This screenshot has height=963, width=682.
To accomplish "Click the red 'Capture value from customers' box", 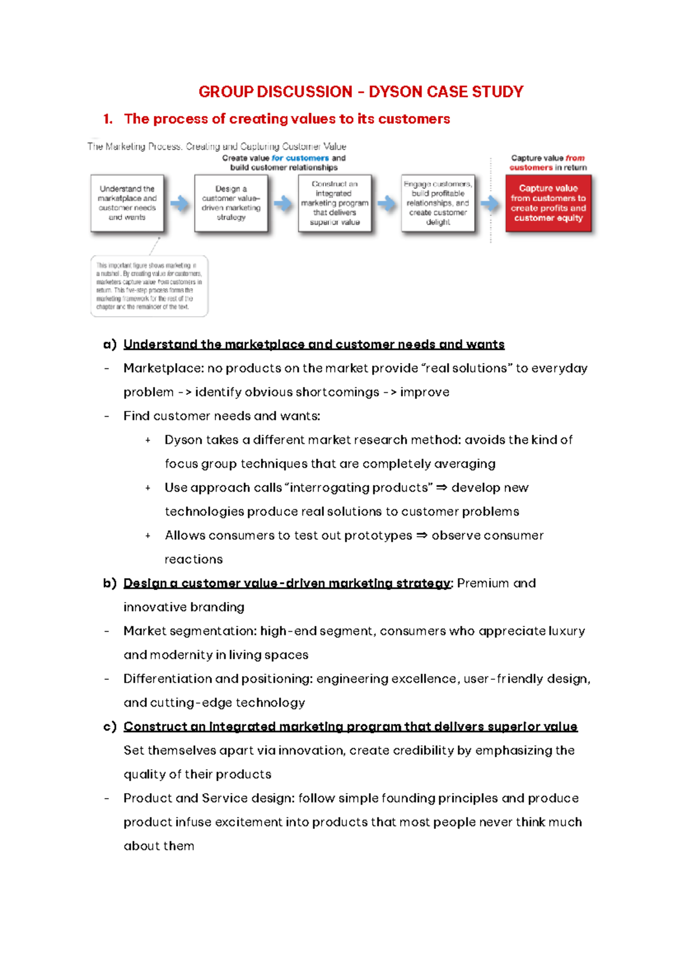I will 548,203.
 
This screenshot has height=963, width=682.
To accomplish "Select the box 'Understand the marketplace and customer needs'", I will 127,203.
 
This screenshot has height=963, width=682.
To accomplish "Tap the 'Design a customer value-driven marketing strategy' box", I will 231,203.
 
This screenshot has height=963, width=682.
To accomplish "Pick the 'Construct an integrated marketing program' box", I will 334,203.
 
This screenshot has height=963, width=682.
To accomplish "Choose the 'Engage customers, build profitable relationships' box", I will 438,203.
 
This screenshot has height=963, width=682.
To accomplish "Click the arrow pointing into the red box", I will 489,204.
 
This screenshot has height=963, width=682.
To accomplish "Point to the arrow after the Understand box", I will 180,204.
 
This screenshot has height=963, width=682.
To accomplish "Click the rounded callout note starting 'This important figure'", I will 149,286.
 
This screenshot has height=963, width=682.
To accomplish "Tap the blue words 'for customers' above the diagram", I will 300,158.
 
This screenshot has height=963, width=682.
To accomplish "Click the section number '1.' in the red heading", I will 107,119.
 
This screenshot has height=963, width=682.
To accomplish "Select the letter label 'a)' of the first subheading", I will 110,344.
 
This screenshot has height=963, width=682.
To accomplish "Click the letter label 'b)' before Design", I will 110,583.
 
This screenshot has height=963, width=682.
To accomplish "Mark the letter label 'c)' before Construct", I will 110,727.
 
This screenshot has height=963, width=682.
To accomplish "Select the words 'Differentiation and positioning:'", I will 218,679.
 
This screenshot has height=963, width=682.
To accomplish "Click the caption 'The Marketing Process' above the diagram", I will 135,147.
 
